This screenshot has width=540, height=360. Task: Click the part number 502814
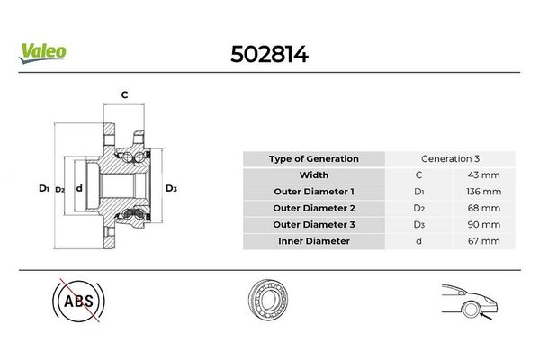(x=268, y=54)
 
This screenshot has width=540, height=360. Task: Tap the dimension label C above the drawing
(x=124, y=94)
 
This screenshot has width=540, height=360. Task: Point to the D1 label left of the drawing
(x=42, y=188)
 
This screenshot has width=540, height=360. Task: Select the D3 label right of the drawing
(x=171, y=188)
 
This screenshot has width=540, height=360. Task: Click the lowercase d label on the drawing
(x=79, y=188)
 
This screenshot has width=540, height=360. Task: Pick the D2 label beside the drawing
(x=59, y=189)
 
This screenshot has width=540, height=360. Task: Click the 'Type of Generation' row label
(x=313, y=159)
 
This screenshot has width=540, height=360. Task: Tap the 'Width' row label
(x=313, y=175)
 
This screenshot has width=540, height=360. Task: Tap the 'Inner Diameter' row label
(x=313, y=241)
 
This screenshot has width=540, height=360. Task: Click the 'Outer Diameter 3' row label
(x=313, y=224)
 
